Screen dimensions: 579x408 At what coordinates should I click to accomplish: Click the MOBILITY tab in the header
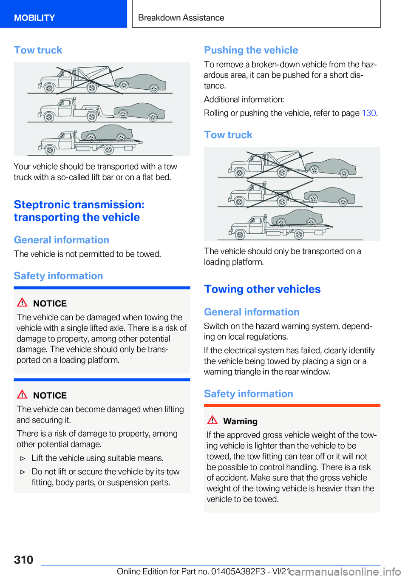34,18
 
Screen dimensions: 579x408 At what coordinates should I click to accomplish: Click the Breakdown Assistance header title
181,18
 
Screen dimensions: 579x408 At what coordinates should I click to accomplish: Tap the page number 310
23,559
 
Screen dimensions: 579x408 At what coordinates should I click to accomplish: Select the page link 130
368,113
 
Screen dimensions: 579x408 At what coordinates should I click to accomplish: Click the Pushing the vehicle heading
251,50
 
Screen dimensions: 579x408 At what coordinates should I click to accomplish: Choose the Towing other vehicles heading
262,289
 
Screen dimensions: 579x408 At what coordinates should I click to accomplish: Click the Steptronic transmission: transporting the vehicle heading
79,211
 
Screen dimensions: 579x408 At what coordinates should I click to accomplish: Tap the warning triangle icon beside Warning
212,420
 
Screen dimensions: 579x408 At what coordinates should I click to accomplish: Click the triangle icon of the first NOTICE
22,303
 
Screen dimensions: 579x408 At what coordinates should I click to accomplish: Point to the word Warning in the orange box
240,421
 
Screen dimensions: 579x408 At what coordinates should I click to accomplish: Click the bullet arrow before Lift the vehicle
23,458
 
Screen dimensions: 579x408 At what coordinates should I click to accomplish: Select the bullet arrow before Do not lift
23,472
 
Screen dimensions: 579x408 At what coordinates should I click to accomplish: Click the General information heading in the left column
62,240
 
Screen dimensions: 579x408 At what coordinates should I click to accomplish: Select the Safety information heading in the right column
248,394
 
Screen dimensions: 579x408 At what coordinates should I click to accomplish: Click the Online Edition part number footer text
203,571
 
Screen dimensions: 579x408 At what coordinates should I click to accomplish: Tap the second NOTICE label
50,395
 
